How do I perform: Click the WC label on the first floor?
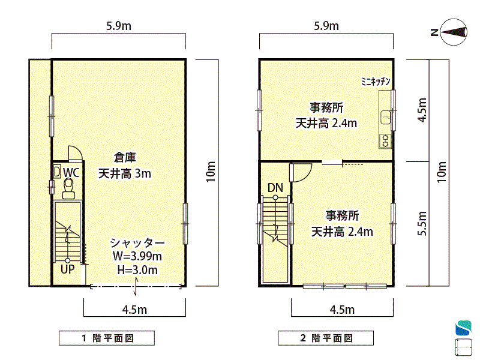pos(71,172)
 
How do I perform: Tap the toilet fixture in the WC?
pos(68,188)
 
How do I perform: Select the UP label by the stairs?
pos(67,269)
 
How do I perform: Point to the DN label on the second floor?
pos(275,188)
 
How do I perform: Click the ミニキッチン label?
pos(376,82)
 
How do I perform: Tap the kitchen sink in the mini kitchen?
pos(385,118)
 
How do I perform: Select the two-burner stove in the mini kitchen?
pos(385,141)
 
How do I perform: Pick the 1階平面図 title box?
pos(107,338)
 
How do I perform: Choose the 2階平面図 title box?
pos(326,338)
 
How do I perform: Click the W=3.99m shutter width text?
pos(137,256)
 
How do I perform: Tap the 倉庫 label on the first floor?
pos(125,157)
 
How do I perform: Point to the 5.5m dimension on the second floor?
pos(422,223)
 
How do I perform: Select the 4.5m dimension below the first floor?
pos(134,310)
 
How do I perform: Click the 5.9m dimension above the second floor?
pos(326,26)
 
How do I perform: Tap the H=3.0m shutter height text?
pos(137,269)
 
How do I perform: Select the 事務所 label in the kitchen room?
pos(326,107)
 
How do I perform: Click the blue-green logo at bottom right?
pos(463,328)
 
